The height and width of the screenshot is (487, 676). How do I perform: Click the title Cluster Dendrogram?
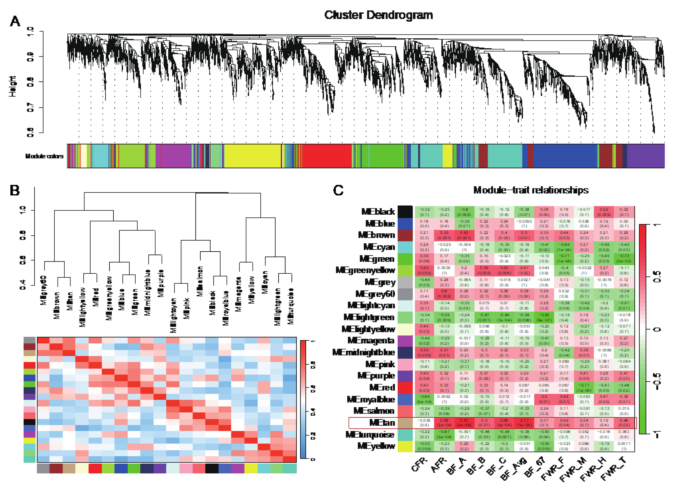tap(378, 15)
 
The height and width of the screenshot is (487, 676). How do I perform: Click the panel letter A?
tap(15, 21)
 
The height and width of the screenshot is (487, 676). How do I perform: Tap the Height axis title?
tap(13, 86)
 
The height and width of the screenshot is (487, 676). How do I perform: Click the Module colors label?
tap(44, 156)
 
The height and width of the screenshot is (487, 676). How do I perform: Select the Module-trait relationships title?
tap(530, 190)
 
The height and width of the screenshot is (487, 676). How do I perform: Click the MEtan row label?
tap(382, 423)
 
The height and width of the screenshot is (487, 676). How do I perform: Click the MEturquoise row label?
tap(370, 435)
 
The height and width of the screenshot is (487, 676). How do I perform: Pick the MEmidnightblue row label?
tap(363, 352)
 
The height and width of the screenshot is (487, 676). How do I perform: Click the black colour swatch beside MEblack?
tap(405, 212)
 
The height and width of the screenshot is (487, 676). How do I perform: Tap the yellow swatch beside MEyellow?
tap(405, 446)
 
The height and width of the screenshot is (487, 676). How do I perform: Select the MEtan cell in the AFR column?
tap(444, 423)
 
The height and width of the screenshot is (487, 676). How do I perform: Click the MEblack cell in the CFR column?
tap(424, 212)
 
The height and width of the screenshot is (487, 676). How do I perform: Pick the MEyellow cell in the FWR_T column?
tap(624, 446)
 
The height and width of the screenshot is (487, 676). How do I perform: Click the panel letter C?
tap(338, 190)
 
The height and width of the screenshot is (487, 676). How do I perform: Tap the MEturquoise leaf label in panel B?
tap(291, 306)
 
